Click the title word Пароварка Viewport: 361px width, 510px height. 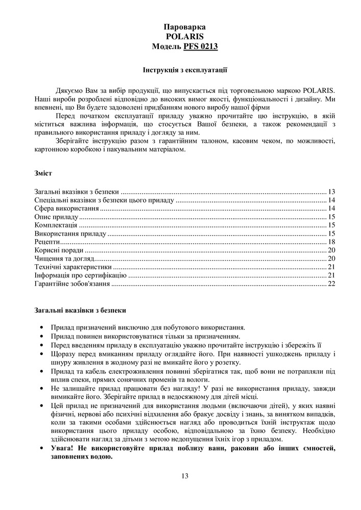185,27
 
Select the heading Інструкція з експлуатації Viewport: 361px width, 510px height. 184,68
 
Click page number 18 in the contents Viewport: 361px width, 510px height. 331,242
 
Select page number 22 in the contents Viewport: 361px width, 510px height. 331,284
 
